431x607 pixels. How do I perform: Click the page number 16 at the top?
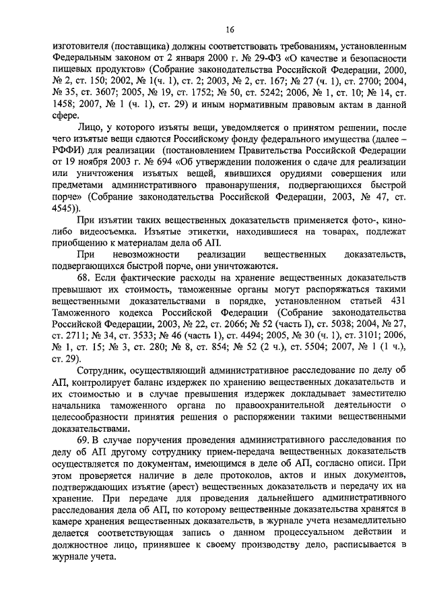tap(230, 29)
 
